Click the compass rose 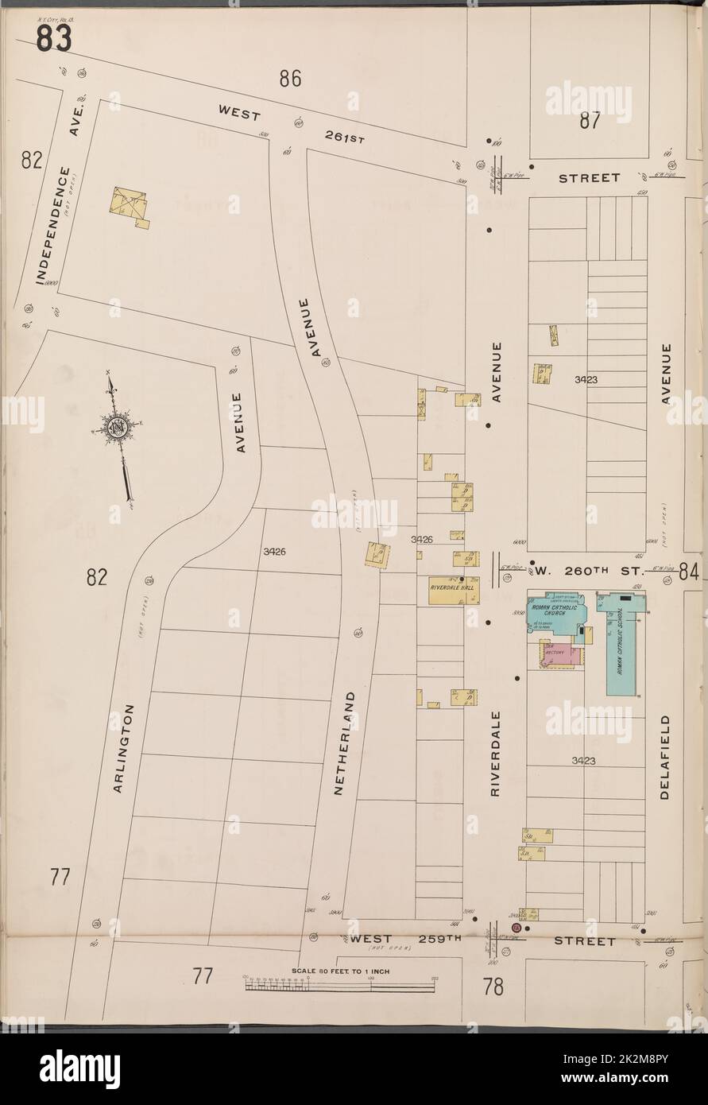coord(119,428)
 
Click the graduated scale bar coord(340,985)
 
